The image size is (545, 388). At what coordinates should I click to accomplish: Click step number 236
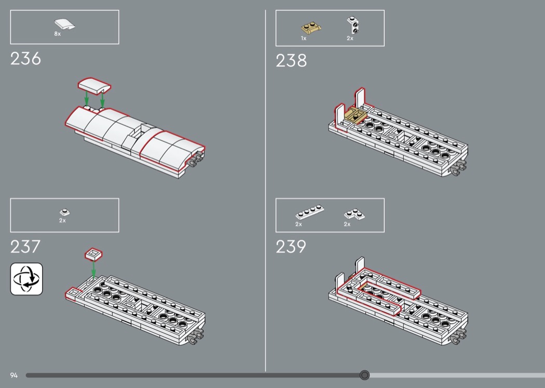(x=25, y=59)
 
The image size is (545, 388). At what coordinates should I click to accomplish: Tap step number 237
(x=25, y=247)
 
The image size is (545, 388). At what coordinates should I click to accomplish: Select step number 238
(x=291, y=61)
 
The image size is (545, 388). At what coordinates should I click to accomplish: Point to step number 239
(x=291, y=247)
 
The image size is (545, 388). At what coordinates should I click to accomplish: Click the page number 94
(x=13, y=375)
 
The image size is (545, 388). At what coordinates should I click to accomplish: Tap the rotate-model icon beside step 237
(x=26, y=279)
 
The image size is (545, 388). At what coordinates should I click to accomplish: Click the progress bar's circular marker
(x=365, y=375)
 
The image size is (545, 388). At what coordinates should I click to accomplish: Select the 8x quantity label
(x=58, y=34)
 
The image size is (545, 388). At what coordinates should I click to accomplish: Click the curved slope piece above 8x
(x=63, y=24)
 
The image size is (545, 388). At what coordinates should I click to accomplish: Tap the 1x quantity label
(x=304, y=38)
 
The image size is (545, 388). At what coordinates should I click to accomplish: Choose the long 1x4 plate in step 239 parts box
(x=309, y=213)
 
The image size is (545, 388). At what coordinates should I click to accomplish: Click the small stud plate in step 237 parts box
(x=64, y=212)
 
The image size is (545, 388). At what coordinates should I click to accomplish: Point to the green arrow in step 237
(x=93, y=268)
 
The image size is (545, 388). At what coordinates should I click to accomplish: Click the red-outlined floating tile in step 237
(x=93, y=254)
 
